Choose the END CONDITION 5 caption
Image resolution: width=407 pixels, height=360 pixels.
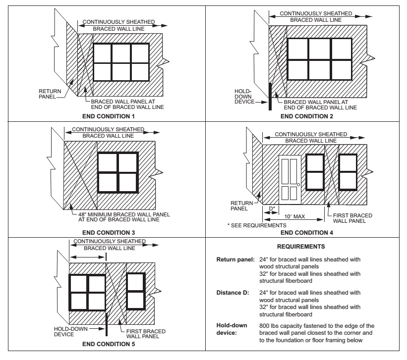point(108,345)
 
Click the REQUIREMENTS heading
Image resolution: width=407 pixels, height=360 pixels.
point(305,246)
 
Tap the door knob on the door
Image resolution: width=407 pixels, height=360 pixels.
point(298,185)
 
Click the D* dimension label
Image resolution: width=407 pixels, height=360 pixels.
point(271,208)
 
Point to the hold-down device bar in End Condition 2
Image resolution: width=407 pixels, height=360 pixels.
point(270,97)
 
